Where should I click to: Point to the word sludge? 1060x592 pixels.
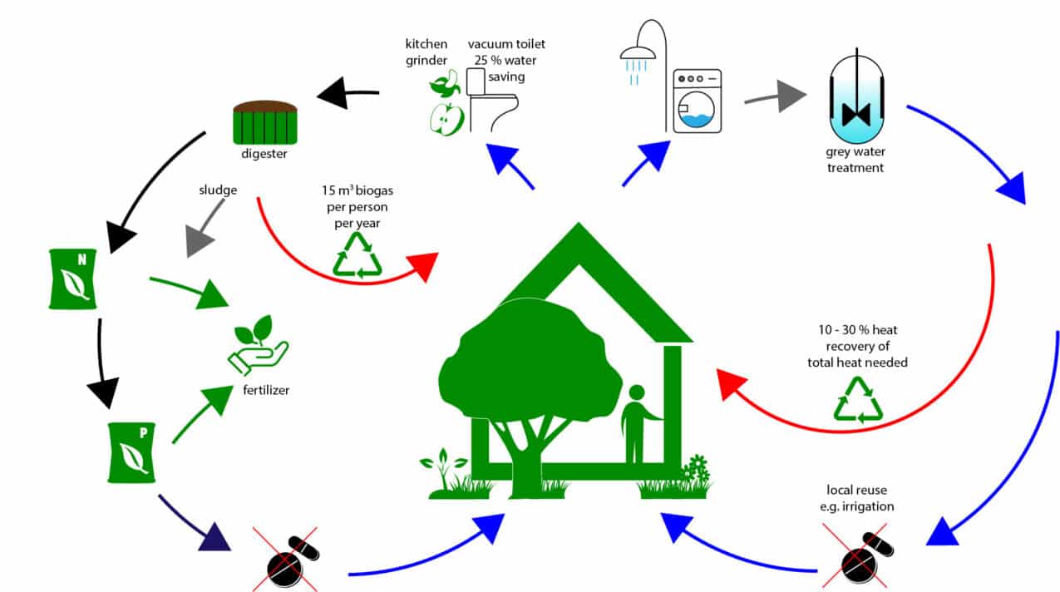(x=219, y=190)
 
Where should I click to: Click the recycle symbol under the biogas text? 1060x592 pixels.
(x=357, y=254)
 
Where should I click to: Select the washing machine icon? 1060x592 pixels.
(x=697, y=101)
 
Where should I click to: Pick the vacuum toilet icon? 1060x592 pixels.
(x=491, y=101)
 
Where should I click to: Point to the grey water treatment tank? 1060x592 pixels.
(x=855, y=100)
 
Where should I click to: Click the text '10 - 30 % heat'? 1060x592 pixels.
(x=856, y=330)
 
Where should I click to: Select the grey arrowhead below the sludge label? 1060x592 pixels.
(x=200, y=240)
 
